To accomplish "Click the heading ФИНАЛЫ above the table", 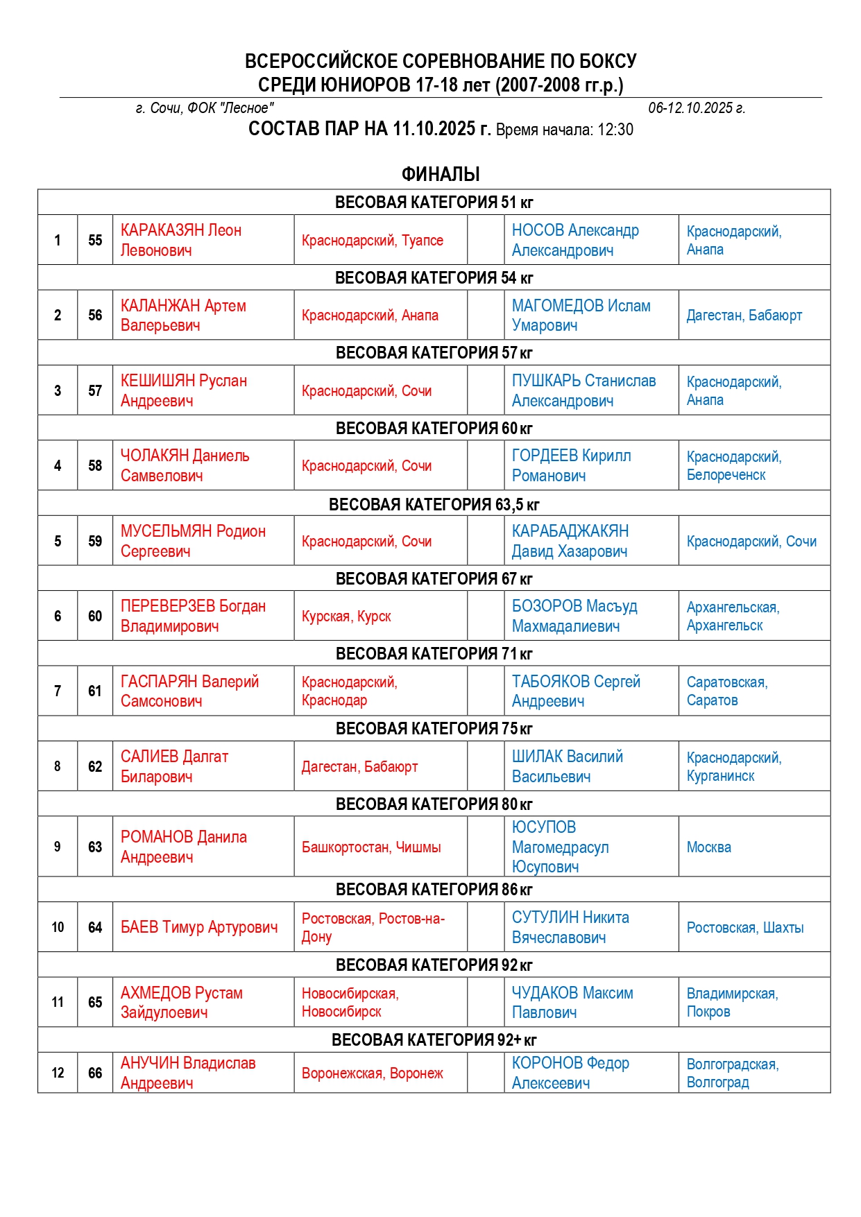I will click(x=441, y=174).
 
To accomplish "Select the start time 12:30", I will click(x=614, y=130).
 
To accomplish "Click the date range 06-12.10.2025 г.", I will click(x=697, y=108).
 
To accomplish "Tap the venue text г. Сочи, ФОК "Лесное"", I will click(x=205, y=108).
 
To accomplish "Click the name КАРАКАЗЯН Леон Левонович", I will click(x=181, y=240).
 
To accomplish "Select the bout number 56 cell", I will click(x=95, y=315).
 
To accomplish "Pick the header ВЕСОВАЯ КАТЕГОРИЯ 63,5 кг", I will click(x=434, y=504).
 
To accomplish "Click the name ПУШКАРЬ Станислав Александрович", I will click(x=583, y=390).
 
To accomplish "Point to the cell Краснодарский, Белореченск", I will click(x=733, y=465).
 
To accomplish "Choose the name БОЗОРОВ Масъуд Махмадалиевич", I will click(x=574, y=616).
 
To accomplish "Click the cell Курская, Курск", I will click(x=346, y=616).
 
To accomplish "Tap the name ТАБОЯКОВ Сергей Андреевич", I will click(x=576, y=691).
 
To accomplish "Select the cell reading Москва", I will click(x=708, y=847).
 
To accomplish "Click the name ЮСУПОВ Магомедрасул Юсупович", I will click(x=560, y=847).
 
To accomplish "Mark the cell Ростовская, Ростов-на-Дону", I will click(x=373, y=927).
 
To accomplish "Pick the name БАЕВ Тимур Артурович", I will click(x=199, y=927).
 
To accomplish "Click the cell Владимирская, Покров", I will click(x=732, y=1002).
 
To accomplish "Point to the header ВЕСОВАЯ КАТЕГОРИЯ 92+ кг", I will click(x=434, y=1039).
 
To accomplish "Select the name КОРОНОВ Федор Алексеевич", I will click(x=570, y=1073).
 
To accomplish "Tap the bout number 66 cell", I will click(x=95, y=1073).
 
